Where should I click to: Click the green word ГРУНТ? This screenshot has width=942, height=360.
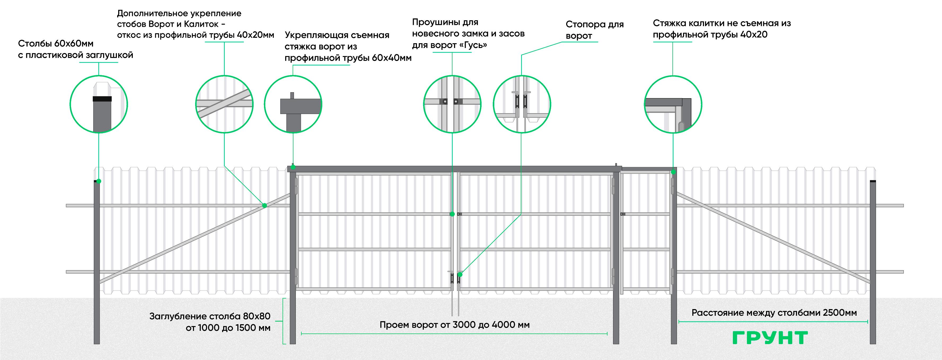(770, 338)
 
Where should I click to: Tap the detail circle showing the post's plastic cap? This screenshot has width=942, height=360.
(99, 104)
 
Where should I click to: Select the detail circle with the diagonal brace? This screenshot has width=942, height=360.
(224, 104)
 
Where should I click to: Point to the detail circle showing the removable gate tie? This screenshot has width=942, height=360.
(293, 104)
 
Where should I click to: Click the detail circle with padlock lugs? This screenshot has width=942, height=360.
(452, 104)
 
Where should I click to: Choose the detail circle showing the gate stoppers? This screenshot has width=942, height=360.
(522, 104)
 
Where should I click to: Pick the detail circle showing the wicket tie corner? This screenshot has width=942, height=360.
(673, 104)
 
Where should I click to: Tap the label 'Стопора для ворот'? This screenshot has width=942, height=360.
(594, 30)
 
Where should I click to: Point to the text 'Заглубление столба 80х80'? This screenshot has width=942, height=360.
(210, 316)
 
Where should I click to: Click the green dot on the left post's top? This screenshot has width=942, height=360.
(99, 181)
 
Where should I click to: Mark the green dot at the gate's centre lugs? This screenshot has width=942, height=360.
(452, 214)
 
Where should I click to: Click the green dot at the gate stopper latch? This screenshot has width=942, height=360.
(460, 274)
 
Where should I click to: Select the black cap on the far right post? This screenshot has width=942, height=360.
(873, 181)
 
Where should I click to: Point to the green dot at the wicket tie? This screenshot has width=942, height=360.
(674, 172)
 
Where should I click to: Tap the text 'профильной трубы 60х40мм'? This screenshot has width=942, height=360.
(348, 58)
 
